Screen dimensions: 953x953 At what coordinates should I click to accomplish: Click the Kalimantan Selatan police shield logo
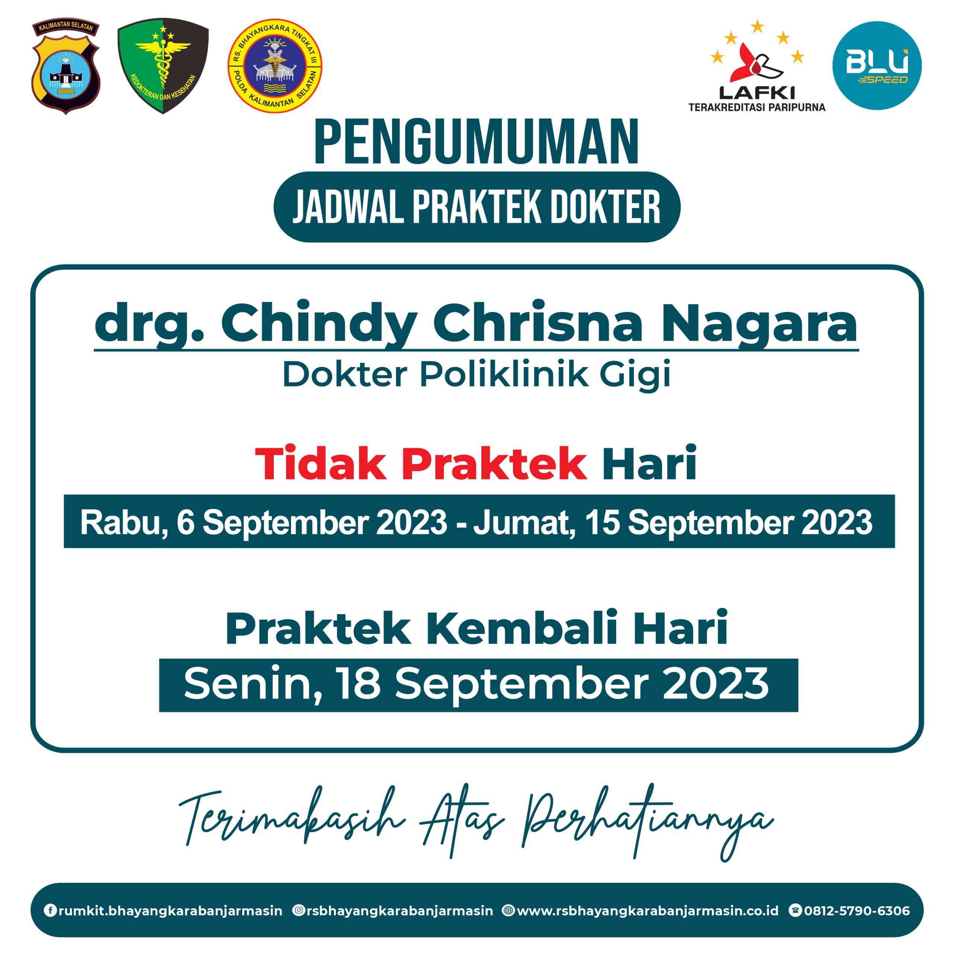click(66, 67)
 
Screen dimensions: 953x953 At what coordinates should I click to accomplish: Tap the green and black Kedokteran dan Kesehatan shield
click(163, 66)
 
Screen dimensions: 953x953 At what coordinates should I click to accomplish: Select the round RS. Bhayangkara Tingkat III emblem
click(275, 66)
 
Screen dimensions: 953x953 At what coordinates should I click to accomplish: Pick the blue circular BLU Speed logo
click(877, 66)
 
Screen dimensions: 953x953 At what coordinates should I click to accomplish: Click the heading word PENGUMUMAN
click(476, 142)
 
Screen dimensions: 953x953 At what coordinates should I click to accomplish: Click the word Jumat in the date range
click(525, 523)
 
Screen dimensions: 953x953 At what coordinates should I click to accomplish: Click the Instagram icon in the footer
click(299, 910)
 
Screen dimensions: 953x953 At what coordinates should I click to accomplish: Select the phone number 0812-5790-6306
click(857, 911)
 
